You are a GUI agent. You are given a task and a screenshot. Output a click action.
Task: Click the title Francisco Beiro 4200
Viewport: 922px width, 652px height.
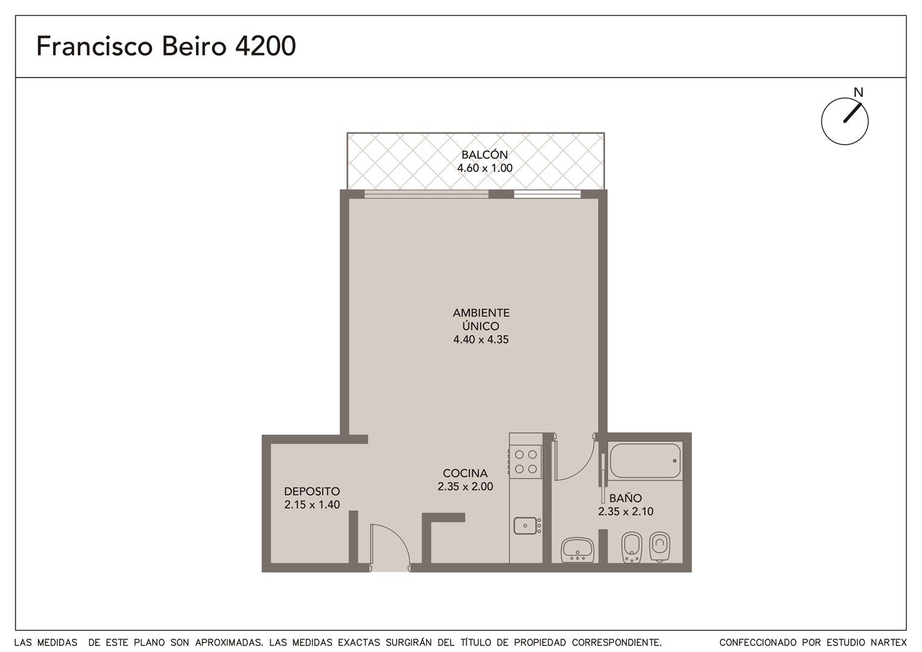point(166,46)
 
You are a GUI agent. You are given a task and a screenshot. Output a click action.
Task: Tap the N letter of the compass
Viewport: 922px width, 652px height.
point(858,93)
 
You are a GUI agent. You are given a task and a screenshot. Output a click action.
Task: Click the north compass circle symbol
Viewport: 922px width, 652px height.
point(845,121)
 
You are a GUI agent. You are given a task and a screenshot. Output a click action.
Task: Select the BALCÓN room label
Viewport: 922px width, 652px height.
point(485,155)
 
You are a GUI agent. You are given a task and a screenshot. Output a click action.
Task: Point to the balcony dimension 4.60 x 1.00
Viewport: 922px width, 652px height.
point(485,168)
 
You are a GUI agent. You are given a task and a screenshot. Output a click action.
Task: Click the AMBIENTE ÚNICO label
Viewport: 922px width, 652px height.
point(481,319)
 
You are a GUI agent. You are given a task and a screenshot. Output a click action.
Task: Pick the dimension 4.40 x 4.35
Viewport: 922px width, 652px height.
point(481,339)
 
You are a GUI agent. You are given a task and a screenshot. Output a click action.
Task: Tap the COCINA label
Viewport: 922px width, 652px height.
point(465,473)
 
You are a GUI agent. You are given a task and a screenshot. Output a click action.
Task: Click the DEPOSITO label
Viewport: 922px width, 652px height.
point(312,491)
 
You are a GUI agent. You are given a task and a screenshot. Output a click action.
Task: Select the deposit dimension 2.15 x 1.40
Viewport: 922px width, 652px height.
point(312,505)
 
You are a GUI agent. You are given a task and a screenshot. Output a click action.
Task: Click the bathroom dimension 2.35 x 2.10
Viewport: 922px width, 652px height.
point(626,511)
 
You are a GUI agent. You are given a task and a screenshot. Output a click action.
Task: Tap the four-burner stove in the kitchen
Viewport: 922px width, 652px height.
point(525,461)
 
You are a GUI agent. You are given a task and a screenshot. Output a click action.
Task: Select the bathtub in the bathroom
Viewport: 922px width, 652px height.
point(644,461)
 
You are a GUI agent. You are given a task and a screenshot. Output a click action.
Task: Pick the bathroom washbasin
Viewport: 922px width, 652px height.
point(577,549)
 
